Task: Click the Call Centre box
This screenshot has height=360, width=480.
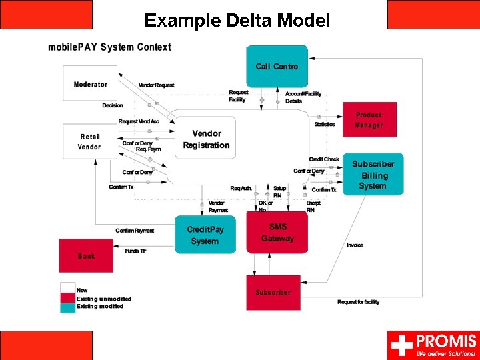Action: point(277,66)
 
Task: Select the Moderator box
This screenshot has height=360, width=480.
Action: point(90,84)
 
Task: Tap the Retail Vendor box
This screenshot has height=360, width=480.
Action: point(89,141)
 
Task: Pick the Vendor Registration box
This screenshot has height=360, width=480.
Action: point(206,140)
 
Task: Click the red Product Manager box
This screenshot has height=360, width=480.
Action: point(369,120)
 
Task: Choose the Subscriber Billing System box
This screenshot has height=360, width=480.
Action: point(373,175)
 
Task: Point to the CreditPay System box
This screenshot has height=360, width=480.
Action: point(205,235)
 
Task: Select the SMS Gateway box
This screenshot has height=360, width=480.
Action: point(277,233)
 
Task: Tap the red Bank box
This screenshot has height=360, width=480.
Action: point(86,255)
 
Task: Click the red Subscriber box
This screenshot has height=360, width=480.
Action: point(273,292)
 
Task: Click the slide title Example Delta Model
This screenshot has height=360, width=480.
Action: point(237,21)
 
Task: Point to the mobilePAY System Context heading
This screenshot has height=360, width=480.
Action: point(109,47)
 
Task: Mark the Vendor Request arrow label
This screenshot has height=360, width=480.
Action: point(156,85)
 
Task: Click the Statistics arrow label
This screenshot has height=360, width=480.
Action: point(325,124)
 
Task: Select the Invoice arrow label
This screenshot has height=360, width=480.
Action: point(355,245)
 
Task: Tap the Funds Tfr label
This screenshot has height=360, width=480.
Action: point(135,251)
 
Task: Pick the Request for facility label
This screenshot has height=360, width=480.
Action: point(358,302)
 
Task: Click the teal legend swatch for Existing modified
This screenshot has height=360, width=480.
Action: point(67,307)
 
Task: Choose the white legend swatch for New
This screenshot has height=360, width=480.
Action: point(67,289)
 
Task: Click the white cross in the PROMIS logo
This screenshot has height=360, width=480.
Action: point(401,345)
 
